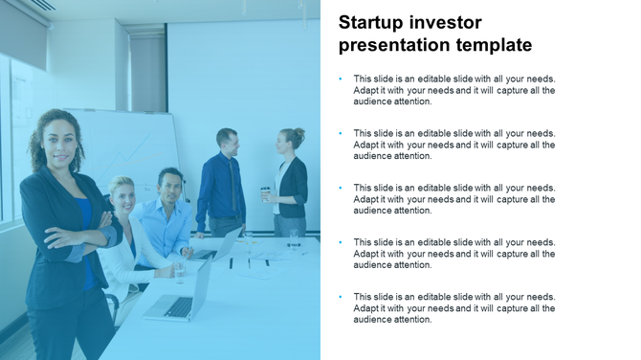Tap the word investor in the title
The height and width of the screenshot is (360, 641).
[449, 22]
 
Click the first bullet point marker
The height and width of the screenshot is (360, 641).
[341, 79]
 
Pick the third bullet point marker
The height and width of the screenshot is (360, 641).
[341, 189]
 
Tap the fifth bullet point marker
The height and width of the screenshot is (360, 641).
[341, 298]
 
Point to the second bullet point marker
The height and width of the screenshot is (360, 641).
[341, 134]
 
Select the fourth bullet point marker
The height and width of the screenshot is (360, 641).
[341, 243]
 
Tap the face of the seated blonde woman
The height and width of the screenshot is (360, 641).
[122, 194]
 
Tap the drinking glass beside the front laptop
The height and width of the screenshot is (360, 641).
[179, 272]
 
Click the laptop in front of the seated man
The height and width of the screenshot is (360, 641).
[222, 247]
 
